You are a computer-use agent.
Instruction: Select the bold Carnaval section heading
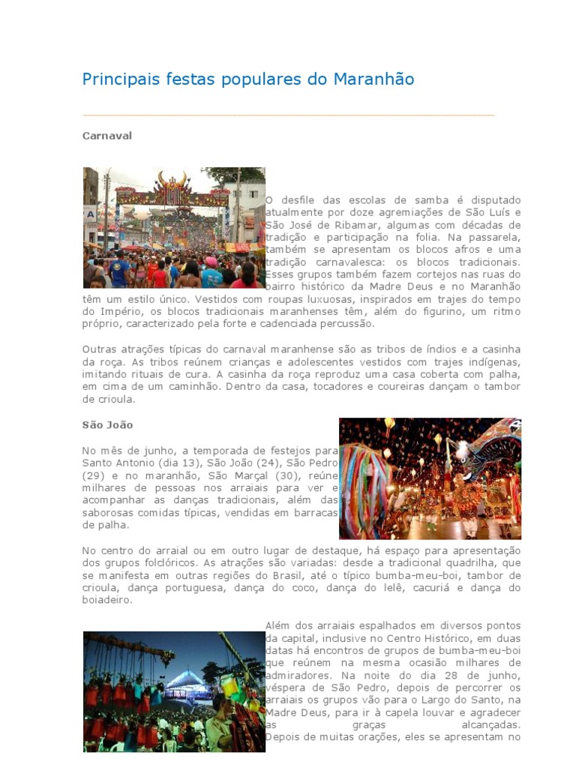[x=106, y=136]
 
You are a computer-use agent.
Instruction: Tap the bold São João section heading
[x=107, y=425]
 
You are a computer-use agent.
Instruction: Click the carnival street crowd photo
[x=174, y=228]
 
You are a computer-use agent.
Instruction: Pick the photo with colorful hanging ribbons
[x=430, y=478]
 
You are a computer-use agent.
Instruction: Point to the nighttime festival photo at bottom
[x=174, y=691]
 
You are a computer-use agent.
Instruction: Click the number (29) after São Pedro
[x=94, y=475]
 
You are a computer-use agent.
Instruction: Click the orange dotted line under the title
[x=288, y=115]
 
